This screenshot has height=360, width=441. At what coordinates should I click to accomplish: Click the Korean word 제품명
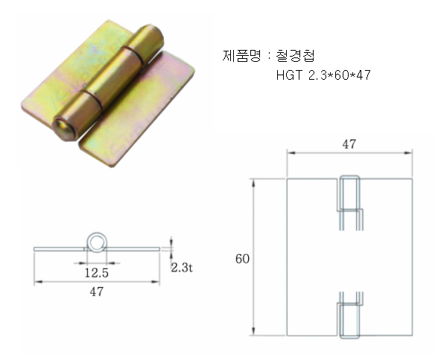(241, 55)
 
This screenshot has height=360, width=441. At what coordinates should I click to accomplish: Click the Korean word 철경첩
(295, 55)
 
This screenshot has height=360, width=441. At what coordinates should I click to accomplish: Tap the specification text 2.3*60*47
(340, 75)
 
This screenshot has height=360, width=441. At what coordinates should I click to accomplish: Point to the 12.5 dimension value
(97, 273)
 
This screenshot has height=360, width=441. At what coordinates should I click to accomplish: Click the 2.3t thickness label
(182, 268)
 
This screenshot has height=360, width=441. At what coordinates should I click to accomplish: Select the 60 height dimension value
(242, 259)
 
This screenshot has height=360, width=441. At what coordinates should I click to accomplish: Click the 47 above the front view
(349, 144)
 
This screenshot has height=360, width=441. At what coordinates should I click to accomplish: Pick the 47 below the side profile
(97, 291)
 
